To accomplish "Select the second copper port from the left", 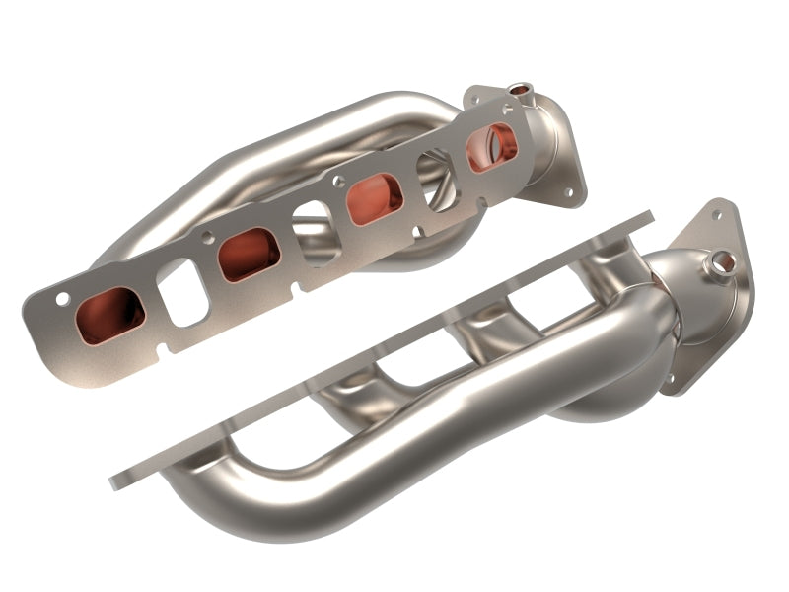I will pos(248,253).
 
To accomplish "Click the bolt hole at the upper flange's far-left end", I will pos(61,299).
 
